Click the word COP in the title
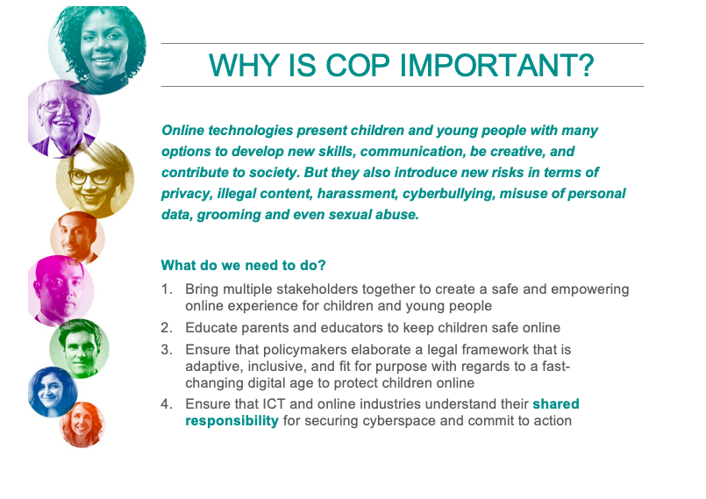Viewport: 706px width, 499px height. (358, 65)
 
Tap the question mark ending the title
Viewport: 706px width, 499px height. (585, 65)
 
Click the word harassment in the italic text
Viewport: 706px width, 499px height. (357, 194)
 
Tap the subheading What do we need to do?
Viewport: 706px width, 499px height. (243, 265)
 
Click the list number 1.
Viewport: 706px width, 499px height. (167, 289)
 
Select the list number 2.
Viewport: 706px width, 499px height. (167, 327)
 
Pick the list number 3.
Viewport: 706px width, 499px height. (167, 350)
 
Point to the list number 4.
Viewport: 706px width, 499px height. (167, 403)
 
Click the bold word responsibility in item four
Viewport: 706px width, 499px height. (232, 421)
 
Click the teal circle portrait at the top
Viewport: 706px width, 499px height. (97, 48)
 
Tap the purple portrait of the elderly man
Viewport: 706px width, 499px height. (64, 119)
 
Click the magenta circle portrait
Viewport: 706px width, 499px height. (61, 290)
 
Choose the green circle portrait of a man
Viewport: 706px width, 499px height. (79, 348)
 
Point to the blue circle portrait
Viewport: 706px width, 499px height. (53, 392)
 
